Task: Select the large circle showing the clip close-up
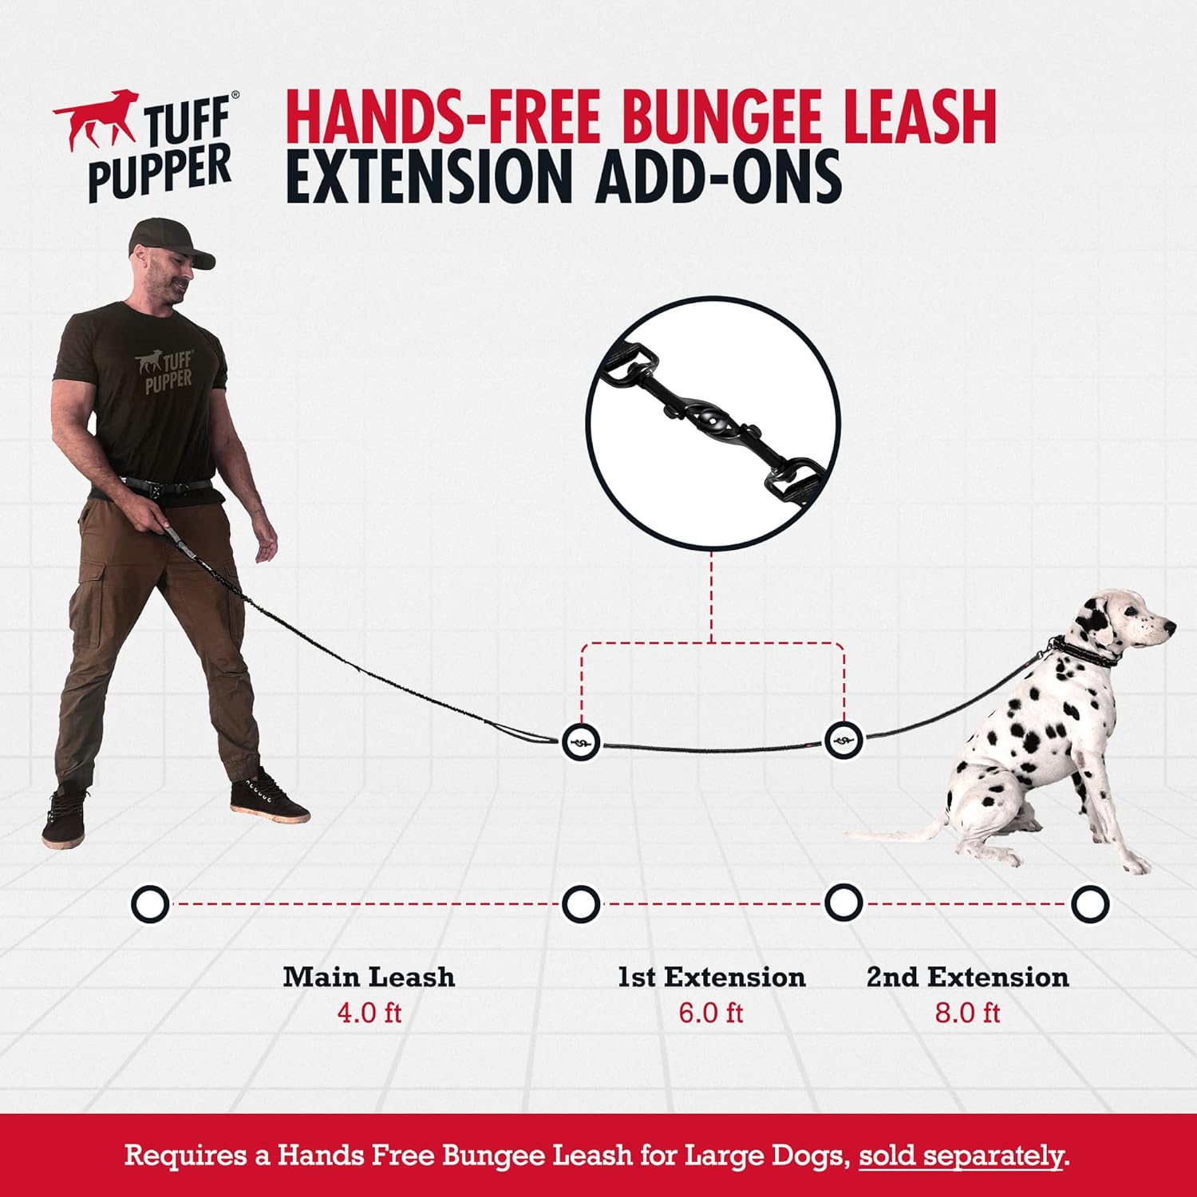pos(713,423)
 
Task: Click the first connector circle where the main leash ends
pos(581,742)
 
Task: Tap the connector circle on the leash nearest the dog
pos(843,741)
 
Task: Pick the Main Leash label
pos(369,977)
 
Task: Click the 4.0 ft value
pos(369,1013)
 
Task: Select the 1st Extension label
pos(711,977)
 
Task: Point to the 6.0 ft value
pos(711,1013)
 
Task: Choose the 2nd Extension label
pos(967,977)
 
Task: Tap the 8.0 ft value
pos(967,1013)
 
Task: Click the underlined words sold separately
pos(962,1156)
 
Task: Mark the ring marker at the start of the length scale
pos(149,904)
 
